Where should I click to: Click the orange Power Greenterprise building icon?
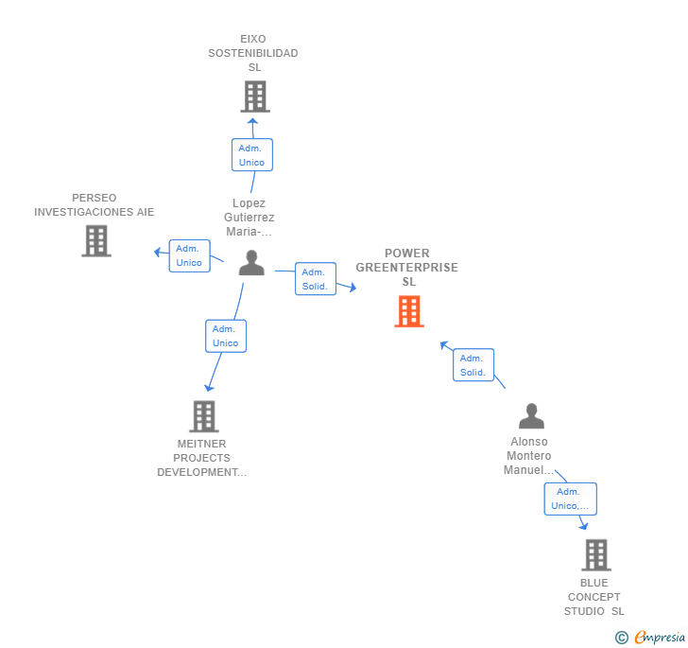tap(408, 311)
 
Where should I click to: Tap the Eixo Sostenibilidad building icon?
tap(254, 96)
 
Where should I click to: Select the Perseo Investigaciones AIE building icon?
tap(95, 241)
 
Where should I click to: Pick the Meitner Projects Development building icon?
tap(203, 416)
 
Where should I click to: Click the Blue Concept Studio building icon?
tap(595, 554)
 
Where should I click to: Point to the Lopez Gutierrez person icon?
tap(251, 263)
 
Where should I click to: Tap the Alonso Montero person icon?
tap(531, 416)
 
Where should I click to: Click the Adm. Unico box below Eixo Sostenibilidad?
tap(252, 155)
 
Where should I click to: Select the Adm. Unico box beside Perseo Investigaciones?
tap(189, 255)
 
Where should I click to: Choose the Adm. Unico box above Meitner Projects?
tap(226, 336)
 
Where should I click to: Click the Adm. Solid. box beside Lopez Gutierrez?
tap(315, 279)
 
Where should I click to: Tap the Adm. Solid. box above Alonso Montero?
tap(473, 365)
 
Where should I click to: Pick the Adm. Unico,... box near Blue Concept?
tap(570, 499)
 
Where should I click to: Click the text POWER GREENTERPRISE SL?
tap(407, 268)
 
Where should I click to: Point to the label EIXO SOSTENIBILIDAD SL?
tap(253, 53)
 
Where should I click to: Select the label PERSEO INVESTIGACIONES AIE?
tap(95, 205)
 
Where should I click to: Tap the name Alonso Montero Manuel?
tap(529, 456)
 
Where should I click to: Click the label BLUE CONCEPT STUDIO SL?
tap(594, 597)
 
